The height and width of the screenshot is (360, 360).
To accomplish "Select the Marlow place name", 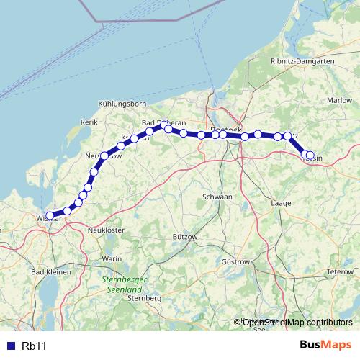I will (x=338, y=101).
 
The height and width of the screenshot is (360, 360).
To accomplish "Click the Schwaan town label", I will (x=217, y=196).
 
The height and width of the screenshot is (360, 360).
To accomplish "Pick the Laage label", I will (x=281, y=204).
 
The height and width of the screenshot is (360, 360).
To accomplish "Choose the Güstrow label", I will (x=235, y=261).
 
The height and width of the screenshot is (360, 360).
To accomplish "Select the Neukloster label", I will (x=106, y=229).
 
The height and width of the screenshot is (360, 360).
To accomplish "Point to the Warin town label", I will (x=112, y=258).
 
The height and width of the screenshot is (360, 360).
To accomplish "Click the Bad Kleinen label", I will (x=50, y=273).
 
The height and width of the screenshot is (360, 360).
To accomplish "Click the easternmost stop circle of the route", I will (x=310, y=155).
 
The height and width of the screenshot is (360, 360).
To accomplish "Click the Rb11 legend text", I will (x=34, y=346).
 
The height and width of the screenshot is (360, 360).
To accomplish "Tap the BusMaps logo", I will (x=325, y=345).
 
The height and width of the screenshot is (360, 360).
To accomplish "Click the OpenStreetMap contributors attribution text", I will (x=297, y=322).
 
